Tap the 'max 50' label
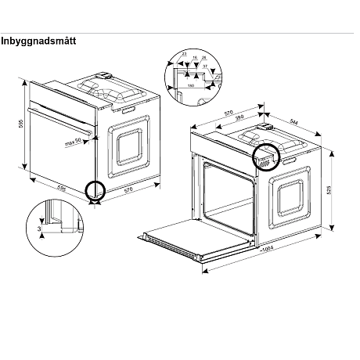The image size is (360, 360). tap(74, 143)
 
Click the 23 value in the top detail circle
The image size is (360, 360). tap(184, 53)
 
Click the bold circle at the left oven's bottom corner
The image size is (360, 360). tap(95, 190)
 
